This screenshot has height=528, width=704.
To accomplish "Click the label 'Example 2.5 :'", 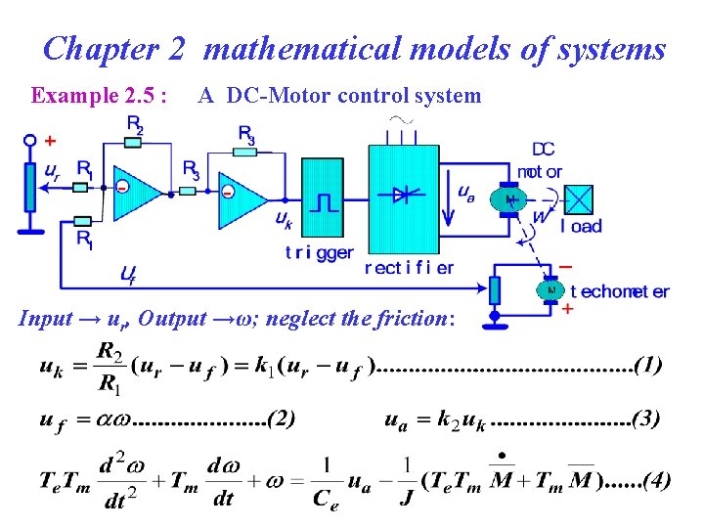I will click(x=99, y=95).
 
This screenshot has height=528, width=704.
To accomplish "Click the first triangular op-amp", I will click(x=140, y=191).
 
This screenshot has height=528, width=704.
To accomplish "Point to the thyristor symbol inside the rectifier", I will click(x=401, y=194).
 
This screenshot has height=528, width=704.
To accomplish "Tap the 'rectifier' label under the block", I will click(x=409, y=267).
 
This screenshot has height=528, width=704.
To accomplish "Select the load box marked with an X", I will click(x=580, y=198).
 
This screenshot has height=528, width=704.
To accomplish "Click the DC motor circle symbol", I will click(x=508, y=199).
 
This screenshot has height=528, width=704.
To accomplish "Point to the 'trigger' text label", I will click(x=320, y=251).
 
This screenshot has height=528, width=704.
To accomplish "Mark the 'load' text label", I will click(x=582, y=226).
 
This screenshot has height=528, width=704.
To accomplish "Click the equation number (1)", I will click(x=648, y=367).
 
